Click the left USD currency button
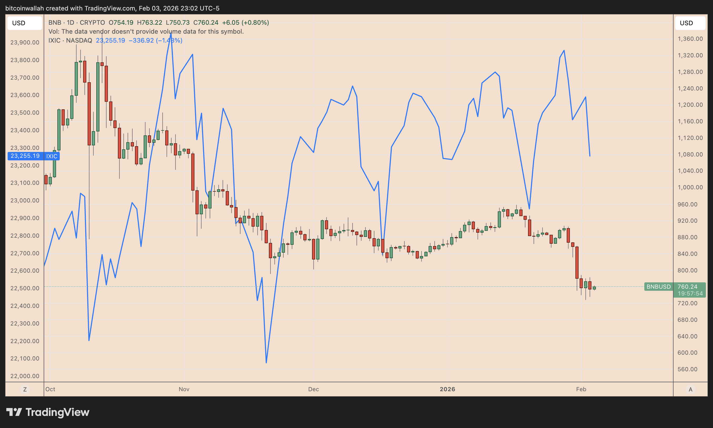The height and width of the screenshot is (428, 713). click(24, 23)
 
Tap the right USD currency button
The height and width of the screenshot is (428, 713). click(690, 23)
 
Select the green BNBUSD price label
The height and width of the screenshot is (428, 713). click(659, 287)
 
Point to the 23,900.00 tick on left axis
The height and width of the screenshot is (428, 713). click(25, 42)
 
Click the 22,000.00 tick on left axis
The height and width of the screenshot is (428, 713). click(25, 376)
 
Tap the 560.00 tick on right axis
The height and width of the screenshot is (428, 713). click(687, 369)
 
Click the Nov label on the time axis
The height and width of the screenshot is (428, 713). click(184, 389)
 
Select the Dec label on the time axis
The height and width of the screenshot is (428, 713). click(313, 389)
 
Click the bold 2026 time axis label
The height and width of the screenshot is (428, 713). click(447, 389)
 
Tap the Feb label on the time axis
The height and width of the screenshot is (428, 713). click(581, 389)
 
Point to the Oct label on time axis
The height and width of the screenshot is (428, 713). click(50, 389)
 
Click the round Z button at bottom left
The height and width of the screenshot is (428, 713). click(25, 389)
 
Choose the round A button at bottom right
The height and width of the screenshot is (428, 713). click(690, 389)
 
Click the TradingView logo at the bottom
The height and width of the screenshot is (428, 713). click(48, 412)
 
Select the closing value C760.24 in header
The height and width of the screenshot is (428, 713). click(206, 23)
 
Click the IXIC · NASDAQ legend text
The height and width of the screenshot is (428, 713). click(70, 40)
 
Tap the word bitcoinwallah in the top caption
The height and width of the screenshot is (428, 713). click(24, 8)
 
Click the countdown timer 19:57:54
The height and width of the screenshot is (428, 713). click(690, 294)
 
